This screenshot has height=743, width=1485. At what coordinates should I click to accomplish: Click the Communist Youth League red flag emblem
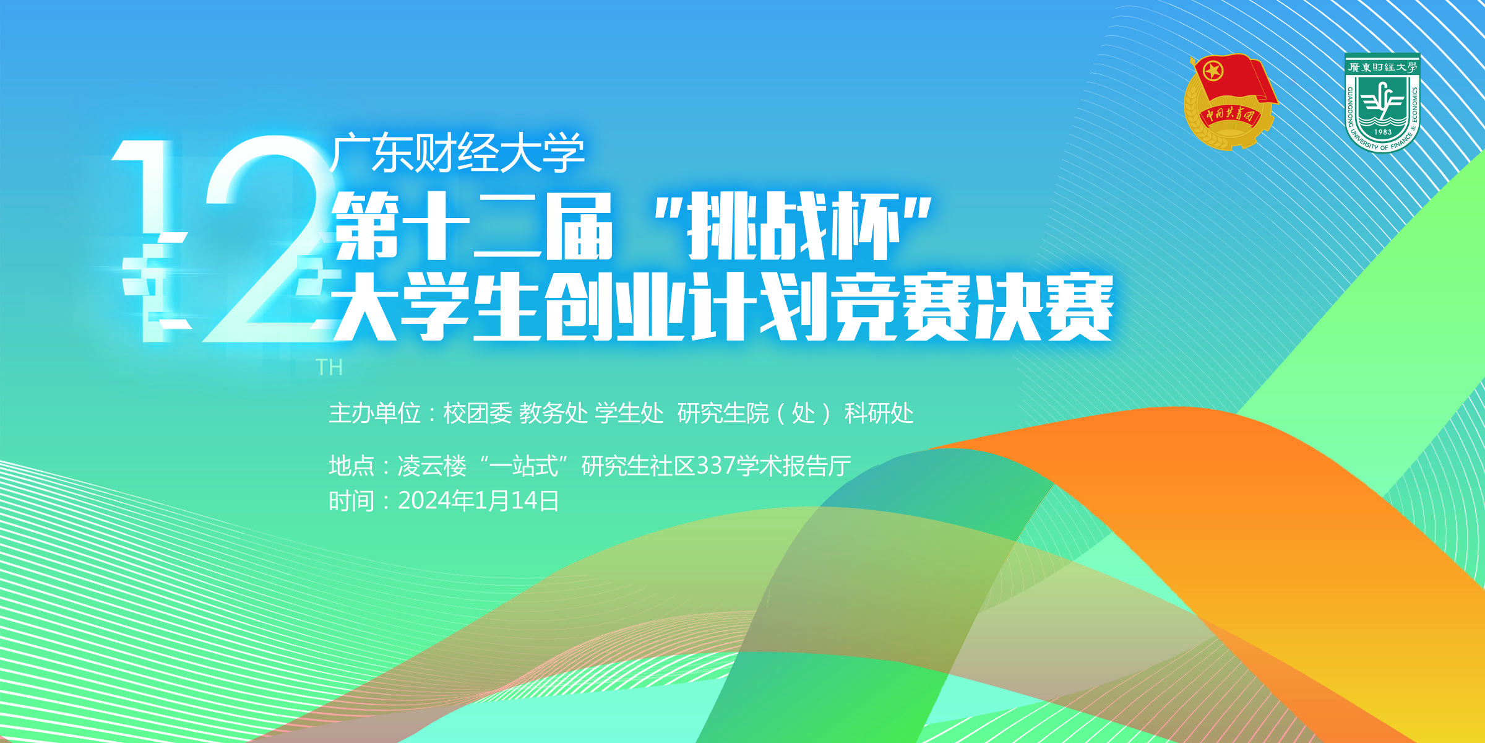(1230, 102)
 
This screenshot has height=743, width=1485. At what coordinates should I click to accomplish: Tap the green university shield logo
(1382, 103)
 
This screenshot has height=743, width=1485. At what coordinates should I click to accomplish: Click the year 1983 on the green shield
(1382, 132)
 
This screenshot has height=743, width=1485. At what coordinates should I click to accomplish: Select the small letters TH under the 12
(329, 367)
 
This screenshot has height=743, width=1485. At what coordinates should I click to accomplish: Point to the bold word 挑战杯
(794, 226)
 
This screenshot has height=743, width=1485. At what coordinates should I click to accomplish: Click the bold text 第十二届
(473, 226)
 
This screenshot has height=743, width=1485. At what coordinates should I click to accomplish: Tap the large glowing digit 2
(266, 238)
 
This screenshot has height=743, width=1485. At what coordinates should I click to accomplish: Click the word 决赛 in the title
(1044, 308)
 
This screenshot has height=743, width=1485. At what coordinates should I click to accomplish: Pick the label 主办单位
(374, 413)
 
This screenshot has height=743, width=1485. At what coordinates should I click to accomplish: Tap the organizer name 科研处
(879, 413)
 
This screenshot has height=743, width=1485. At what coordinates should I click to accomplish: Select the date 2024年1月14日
(478, 501)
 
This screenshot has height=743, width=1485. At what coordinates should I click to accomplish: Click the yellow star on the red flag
(1213, 71)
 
